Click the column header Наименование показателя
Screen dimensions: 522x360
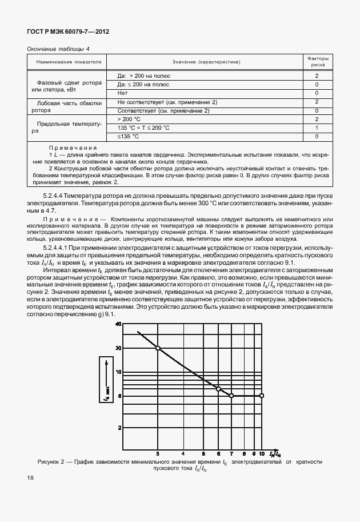[x=69, y=62]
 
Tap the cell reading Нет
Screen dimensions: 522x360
[x=122, y=93]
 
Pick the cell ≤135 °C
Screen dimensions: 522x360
[x=128, y=137]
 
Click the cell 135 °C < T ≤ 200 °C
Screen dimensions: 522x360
[x=143, y=127]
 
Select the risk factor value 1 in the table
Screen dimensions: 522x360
[x=316, y=127]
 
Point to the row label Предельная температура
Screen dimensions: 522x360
[x=69, y=127]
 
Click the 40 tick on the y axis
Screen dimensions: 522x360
[x=119, y=324]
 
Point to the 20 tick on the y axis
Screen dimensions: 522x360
[x=119, y=348]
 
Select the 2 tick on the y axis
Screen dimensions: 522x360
[x=120, y=427]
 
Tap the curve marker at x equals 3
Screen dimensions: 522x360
[x=158, y=348]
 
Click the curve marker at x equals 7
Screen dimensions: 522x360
[x=231, y=396]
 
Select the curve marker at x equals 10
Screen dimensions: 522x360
[x=262, y=396]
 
